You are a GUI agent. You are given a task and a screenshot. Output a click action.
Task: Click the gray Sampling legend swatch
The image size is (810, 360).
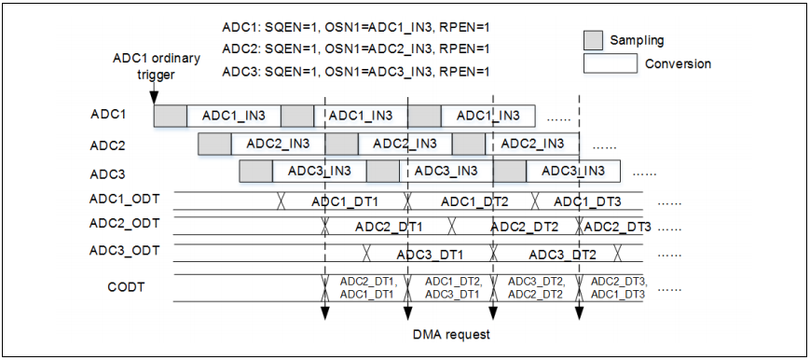coord(593,41)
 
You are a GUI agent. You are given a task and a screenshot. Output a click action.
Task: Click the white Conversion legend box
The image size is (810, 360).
coord(611,64)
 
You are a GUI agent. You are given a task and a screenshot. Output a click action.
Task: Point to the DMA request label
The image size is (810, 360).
coord(452,334)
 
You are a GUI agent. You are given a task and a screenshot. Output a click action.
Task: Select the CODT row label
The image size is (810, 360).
coord(126,286)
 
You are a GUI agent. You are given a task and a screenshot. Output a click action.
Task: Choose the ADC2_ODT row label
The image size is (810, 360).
coord(125,224)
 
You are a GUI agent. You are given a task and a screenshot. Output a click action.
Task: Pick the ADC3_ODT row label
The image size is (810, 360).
coord(125,250)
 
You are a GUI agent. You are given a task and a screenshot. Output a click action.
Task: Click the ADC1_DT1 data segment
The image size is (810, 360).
coord(344,201)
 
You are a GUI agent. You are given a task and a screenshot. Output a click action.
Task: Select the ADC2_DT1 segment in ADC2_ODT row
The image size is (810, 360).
coord(388,227)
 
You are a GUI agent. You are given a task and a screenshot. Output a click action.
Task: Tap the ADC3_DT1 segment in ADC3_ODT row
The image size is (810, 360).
coord(430,254)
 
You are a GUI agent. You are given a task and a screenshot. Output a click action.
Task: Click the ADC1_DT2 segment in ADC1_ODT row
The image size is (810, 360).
coord(474,201)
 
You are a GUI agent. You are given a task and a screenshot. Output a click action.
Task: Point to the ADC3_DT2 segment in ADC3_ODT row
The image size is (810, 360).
coord(562,254)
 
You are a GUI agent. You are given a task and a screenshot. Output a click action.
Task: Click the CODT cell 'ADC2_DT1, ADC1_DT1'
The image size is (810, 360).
coord(365,287)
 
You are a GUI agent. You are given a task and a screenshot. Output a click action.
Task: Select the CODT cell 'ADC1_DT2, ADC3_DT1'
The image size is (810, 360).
coord(452,287)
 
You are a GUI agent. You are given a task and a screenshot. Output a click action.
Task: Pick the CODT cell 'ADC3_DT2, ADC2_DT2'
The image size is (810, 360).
coord(535,287)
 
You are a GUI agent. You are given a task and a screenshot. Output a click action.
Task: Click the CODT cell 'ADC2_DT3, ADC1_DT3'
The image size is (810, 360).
coord(618,287)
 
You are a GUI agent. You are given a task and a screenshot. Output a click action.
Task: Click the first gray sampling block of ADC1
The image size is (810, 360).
coord(171,116)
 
